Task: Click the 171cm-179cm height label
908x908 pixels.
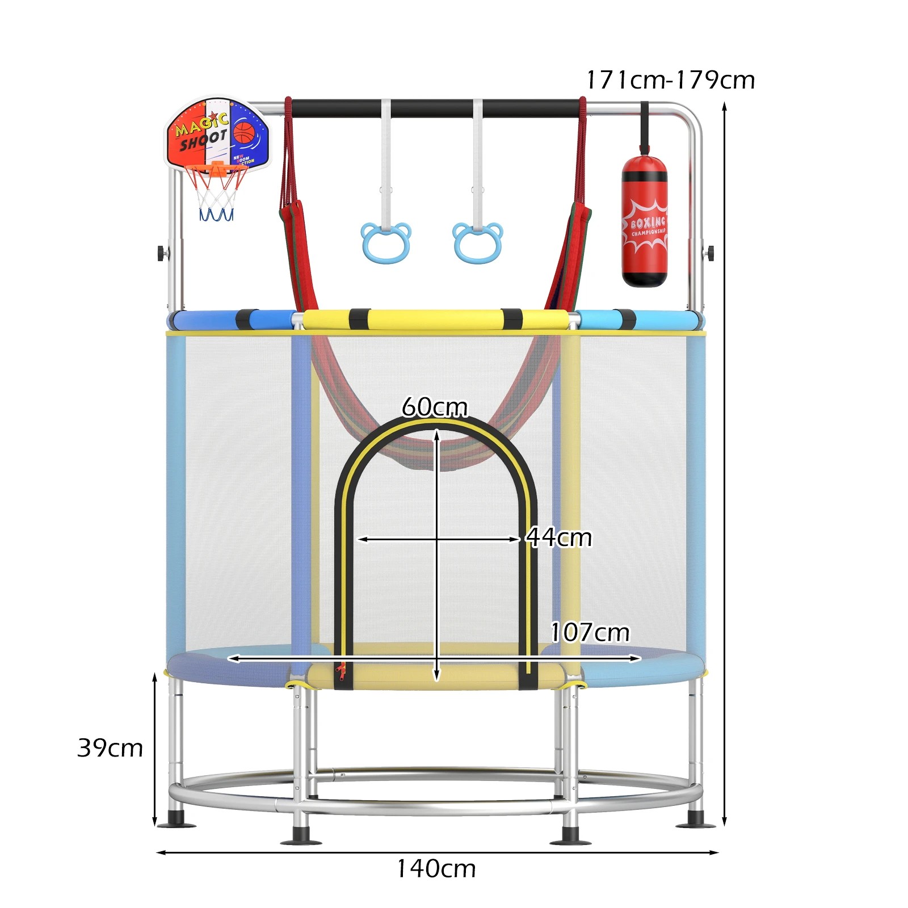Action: pos(670,80)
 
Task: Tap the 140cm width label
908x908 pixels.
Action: pos(436,869)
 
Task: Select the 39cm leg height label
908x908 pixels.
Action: pos(110,748)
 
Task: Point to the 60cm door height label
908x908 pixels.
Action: pos(435,407)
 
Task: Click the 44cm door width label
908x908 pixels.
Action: pos(559,537)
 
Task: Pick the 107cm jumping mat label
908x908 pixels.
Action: pos(590,632)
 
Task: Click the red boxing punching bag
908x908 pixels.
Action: pos(645,221)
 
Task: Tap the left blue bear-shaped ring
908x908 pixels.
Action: pos(386,243)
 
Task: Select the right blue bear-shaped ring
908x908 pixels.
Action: pos(478,243)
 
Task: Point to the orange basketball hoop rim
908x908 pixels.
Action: pos(218,168)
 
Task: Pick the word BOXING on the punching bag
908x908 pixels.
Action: pos(648,222)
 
